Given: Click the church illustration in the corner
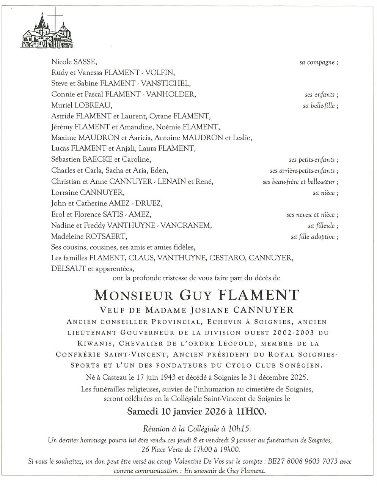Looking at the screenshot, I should coord(44,32).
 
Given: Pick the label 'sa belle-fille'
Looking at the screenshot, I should coord(320,106).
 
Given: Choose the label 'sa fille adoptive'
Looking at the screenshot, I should coord(314,237).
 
